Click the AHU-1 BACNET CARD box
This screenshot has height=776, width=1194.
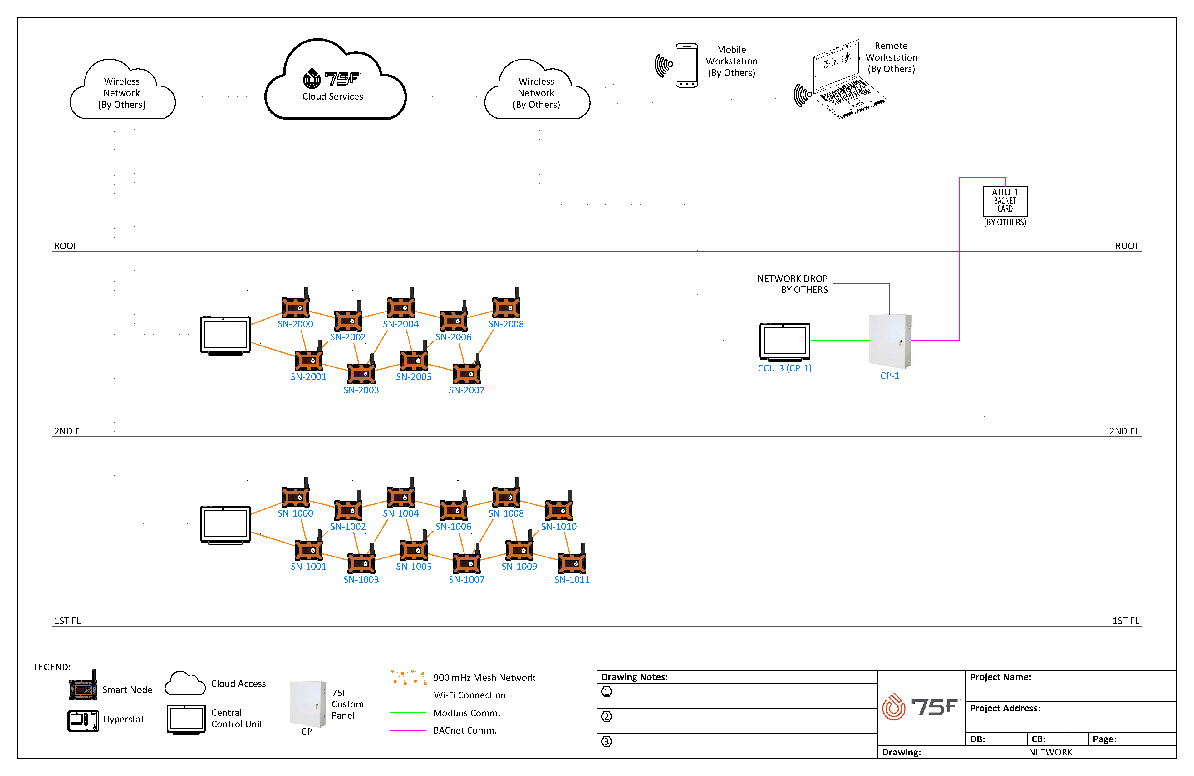point(1005,201)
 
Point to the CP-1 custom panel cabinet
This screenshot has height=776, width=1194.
point(890,341)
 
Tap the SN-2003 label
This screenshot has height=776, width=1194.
point(361,390)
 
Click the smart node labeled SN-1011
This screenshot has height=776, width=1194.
point(572,562)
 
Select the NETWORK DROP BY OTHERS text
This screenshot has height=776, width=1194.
point(793,284)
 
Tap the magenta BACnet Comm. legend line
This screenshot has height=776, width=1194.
point(407,730)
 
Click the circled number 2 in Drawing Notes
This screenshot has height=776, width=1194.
point(607,716)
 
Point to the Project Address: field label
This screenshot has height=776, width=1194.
point(1005,708)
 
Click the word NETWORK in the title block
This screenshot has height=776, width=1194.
point(1050,752)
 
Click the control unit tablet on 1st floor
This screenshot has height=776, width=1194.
point(225,524)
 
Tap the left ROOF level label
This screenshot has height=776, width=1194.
point(66,246)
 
